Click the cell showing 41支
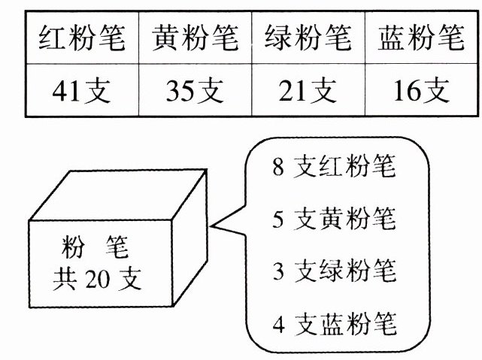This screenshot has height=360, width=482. pos(82,90)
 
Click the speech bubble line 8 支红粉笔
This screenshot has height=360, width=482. pos(334,168)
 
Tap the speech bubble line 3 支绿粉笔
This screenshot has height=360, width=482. pos(334,271)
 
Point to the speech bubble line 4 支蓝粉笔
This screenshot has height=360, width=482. pos(334,325)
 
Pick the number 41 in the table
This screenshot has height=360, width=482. pos(70,91)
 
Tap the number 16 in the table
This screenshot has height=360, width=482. pos(407,91)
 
